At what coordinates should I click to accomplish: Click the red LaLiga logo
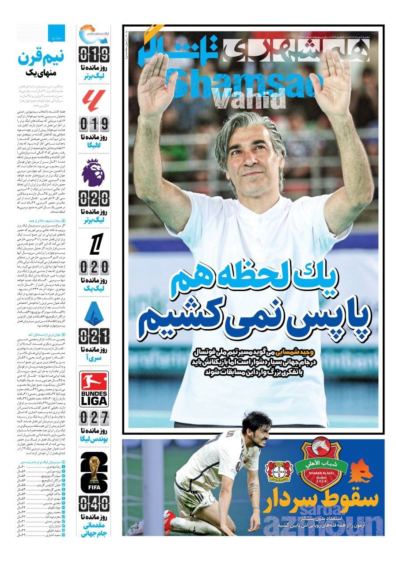94,101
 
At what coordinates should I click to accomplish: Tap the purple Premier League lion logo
94,173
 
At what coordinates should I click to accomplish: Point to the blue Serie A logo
94,313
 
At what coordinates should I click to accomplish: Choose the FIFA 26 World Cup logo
94,471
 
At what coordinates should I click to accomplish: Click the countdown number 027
94,417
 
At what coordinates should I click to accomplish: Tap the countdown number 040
94,504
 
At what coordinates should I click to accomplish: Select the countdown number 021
94,337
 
